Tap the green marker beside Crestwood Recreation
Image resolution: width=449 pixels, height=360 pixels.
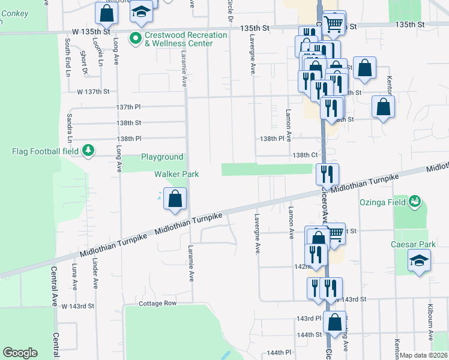coord(135,39)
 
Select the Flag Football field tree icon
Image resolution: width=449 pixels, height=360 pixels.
coord(88,149)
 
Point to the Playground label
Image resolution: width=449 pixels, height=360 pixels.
coord(162,157)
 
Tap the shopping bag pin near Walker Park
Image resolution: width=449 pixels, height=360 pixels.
coord(175,199)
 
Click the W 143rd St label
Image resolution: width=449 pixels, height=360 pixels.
coord(78,306)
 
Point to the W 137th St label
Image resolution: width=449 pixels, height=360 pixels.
coord(93,92)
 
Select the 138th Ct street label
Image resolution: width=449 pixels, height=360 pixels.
coord(304,155)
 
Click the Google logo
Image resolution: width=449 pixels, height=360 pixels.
coord(20,353)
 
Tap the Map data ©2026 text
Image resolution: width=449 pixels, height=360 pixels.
coord(424,355)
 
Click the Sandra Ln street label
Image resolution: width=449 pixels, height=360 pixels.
coord(70,128)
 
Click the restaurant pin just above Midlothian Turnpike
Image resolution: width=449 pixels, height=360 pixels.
coord(327,174)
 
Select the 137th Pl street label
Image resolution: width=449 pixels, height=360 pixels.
coord(128,107)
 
